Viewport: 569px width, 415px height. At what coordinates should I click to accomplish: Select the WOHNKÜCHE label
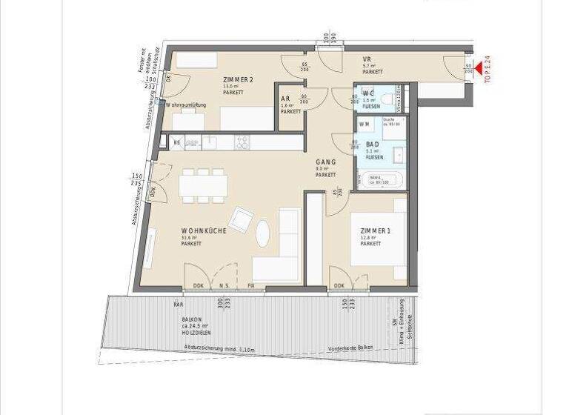coord(204,231)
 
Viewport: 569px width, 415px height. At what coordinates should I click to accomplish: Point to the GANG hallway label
coord(325,162)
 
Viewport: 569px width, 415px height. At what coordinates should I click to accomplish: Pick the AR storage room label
coord(285,99)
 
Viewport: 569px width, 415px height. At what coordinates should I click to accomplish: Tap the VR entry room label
coord(367,59)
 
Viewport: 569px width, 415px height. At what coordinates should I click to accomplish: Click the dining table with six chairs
coord(202,185)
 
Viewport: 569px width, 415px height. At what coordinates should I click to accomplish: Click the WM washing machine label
coord(364,124)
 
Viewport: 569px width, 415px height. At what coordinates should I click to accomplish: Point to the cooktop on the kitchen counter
coord(244,140)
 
